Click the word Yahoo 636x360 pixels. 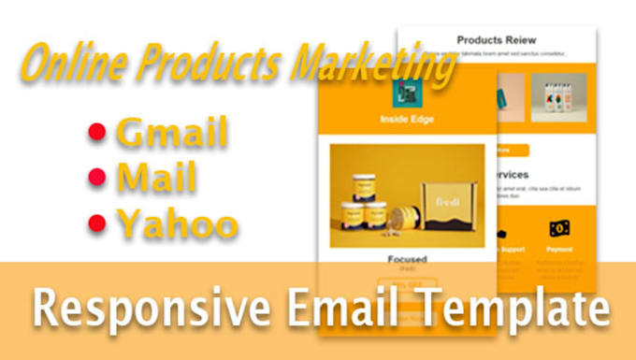click(x=176, y=224)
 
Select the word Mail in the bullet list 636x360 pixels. click(x=155, y=179)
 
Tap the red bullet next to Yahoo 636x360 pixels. click(x=96, y=223)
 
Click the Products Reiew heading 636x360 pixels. click(x=496, y=40)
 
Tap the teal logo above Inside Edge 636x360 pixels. click(x=408, y=91)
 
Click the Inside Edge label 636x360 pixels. click(x=408, y=120)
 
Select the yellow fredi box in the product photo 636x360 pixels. click(x=445, y=206)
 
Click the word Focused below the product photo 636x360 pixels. click(x=408, y=258)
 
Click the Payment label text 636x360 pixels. click(x=560, y=250)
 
